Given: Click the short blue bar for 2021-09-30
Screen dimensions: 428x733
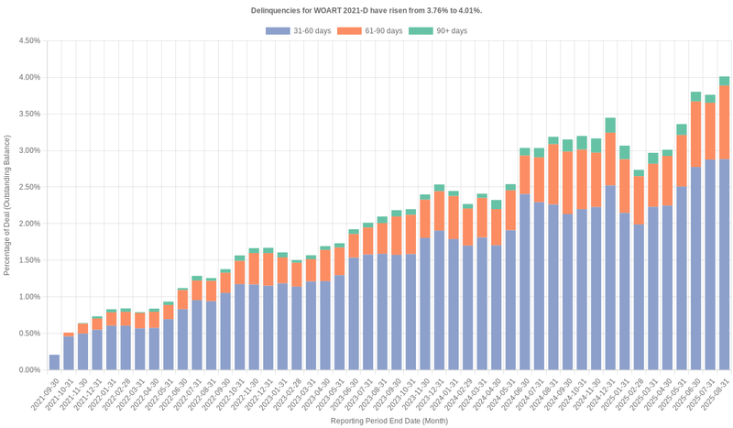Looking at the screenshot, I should coord(54,362).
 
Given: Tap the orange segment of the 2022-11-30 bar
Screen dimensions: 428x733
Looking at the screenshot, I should coord(253,269).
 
